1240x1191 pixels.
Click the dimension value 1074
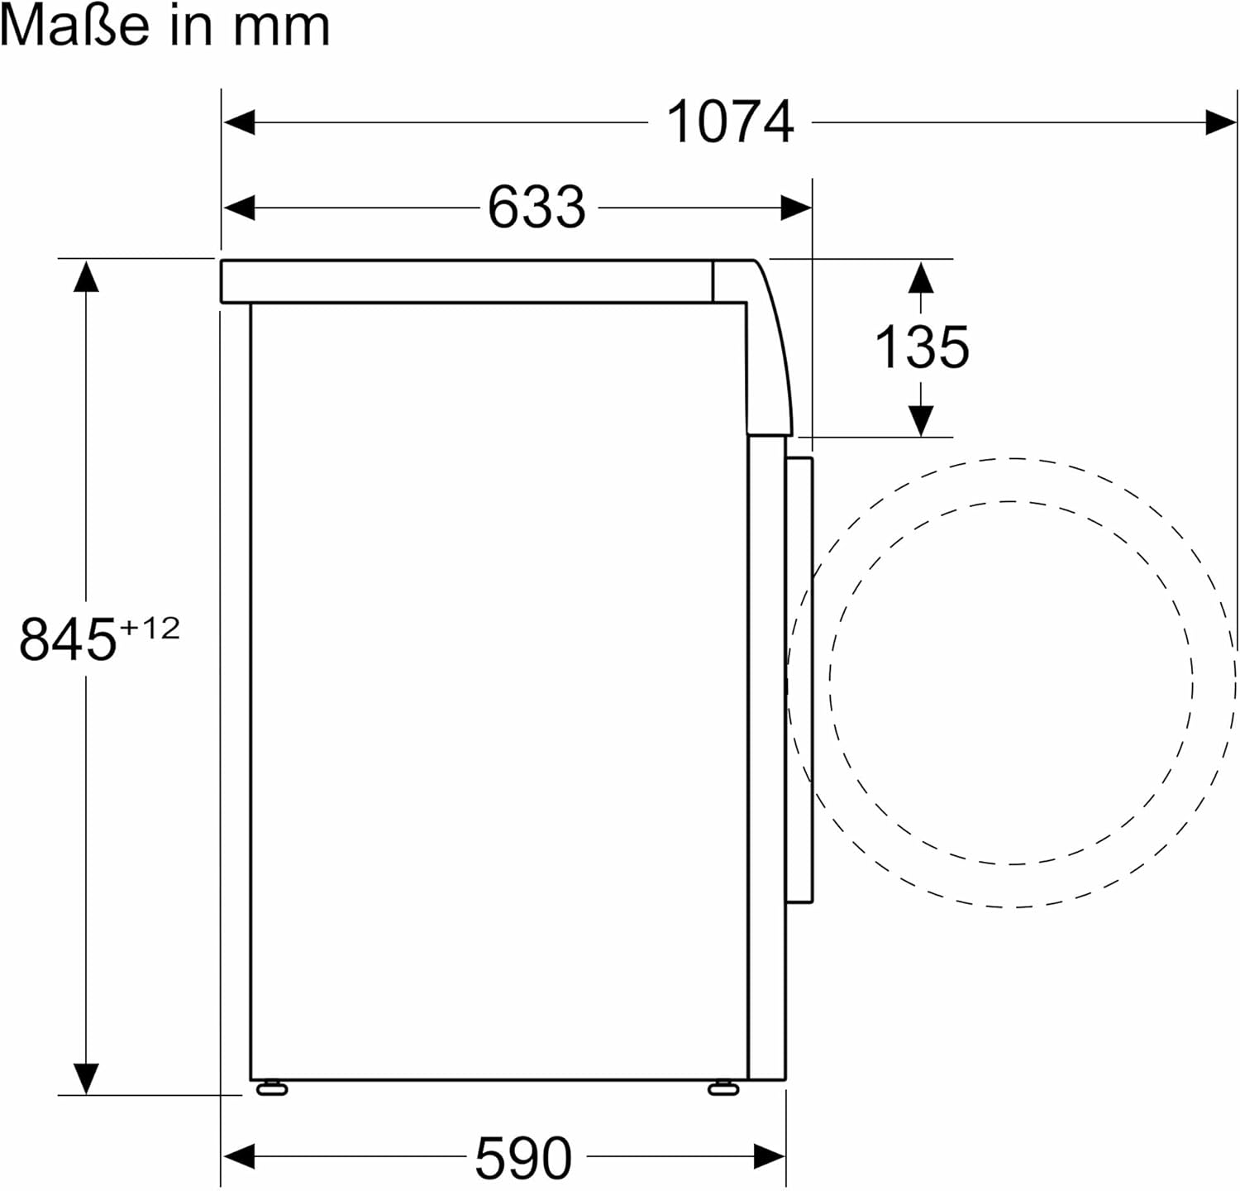coord(730,122)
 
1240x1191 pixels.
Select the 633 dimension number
coord(536,207)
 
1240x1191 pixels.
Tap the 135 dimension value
coord(922,347)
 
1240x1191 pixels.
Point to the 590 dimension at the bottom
coord(523,1157)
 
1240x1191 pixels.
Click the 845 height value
coord(68,639)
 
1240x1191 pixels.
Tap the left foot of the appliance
coord(272,1088)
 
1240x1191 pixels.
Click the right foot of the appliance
coord(723,1088)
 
